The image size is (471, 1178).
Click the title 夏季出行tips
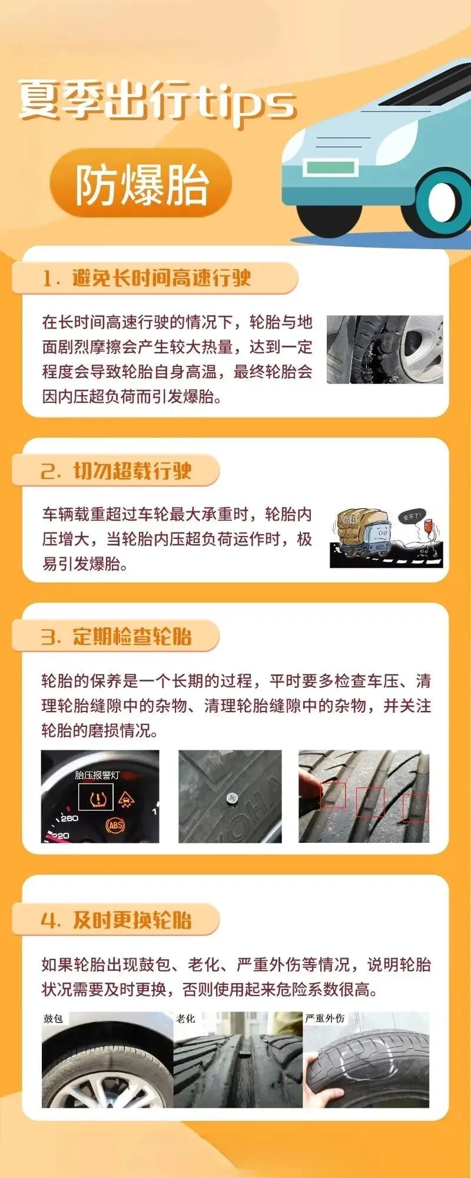coord(156,101)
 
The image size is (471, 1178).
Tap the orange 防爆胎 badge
coord(141,184)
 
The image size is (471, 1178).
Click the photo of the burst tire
coord(384,349)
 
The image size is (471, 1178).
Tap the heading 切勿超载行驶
coord(132,471)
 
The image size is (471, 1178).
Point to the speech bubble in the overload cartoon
coord(410,517)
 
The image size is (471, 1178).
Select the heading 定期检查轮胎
coord(132,637)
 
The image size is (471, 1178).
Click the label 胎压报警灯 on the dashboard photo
coord(97,775)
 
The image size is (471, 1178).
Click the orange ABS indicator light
coord(115,825)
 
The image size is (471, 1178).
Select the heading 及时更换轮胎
coord(132,919)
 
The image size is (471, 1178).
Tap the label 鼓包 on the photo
coord(54,1018)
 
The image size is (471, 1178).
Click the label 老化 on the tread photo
coord(185,1018)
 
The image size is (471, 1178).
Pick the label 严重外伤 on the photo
coord(324,1018)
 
